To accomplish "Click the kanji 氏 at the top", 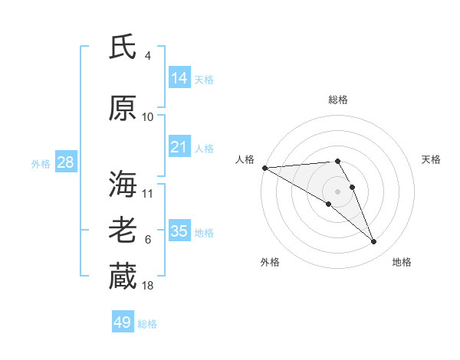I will coord(123,47).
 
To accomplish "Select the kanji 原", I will coord(123,109).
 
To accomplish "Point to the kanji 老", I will coord(123,231).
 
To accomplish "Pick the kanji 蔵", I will coord(123,277).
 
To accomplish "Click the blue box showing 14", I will coord(179,78).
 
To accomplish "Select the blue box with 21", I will coord(179,147).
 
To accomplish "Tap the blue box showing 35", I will coord(179,231).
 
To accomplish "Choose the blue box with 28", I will coord(64,162).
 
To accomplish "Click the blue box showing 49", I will coord(123,322).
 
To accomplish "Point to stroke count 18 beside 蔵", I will coord(148,286).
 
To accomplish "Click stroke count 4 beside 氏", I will coord(148,56).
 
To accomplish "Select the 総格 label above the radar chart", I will coord(338,100).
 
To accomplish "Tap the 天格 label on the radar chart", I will coord(432,159).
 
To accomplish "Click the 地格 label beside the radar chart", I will coord(402,262).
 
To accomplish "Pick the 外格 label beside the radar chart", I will coord(270,262).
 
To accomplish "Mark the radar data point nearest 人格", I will coord(264,167).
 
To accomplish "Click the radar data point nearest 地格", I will coord(373,241).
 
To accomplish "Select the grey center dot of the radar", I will coord(338,191).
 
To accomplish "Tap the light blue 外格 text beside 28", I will coord(41,163).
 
